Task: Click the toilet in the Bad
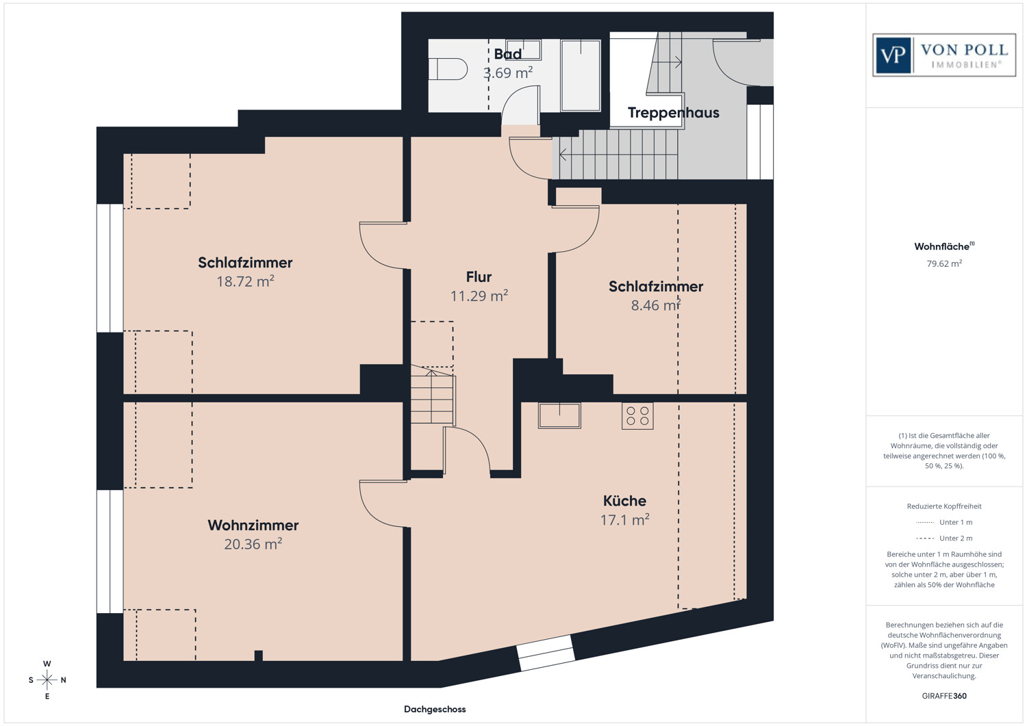point(448,69)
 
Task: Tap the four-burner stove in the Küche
point(637,416)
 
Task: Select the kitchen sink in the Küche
point(559,415)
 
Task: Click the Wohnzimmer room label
point(253,526)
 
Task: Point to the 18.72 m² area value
point(245,281)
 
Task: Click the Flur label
point(479,277)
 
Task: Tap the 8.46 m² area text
point(656,304)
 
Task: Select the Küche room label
point(624,500)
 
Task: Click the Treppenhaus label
point(673,113)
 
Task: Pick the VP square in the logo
point(893,55)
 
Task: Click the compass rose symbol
point(47,679)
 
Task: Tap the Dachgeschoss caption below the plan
point(435,709)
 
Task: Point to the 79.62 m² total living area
point(944,263)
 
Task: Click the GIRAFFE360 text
point(944,696)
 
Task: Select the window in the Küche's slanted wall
point(546,653)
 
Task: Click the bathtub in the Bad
point(581,76)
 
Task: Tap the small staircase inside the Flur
point(433,394)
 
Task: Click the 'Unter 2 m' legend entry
point(944,538)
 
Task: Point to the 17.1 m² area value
point(624,520)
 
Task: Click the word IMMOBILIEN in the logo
point(966,64)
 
